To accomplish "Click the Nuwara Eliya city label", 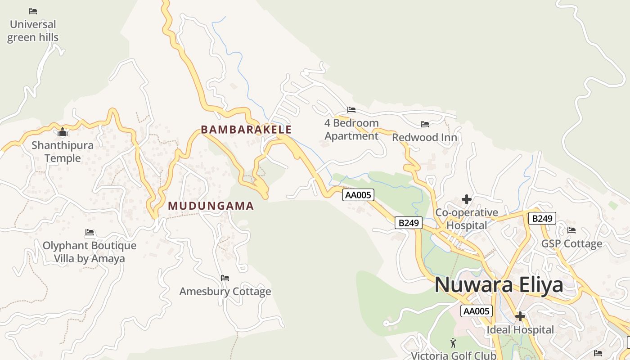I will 499,285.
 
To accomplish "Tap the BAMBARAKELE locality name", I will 246,130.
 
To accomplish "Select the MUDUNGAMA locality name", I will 211,206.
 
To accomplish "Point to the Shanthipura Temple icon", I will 63,132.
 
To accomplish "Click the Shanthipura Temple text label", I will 63,152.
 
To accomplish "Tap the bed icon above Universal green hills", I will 32,11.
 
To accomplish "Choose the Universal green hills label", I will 33,31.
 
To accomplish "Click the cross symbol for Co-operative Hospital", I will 467,199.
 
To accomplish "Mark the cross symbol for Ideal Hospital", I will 520,316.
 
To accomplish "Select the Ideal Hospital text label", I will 520,330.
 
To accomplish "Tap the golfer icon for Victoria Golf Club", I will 453,343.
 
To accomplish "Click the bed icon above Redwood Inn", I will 424,124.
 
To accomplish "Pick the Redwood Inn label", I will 424,137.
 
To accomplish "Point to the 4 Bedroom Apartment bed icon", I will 351,109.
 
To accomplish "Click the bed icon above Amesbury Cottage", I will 225,278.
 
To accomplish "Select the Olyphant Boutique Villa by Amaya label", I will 90,252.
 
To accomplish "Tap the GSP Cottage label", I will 571,243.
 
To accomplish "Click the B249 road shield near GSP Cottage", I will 542,218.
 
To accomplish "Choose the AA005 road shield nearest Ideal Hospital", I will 477,311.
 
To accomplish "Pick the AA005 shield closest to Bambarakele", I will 358,195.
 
